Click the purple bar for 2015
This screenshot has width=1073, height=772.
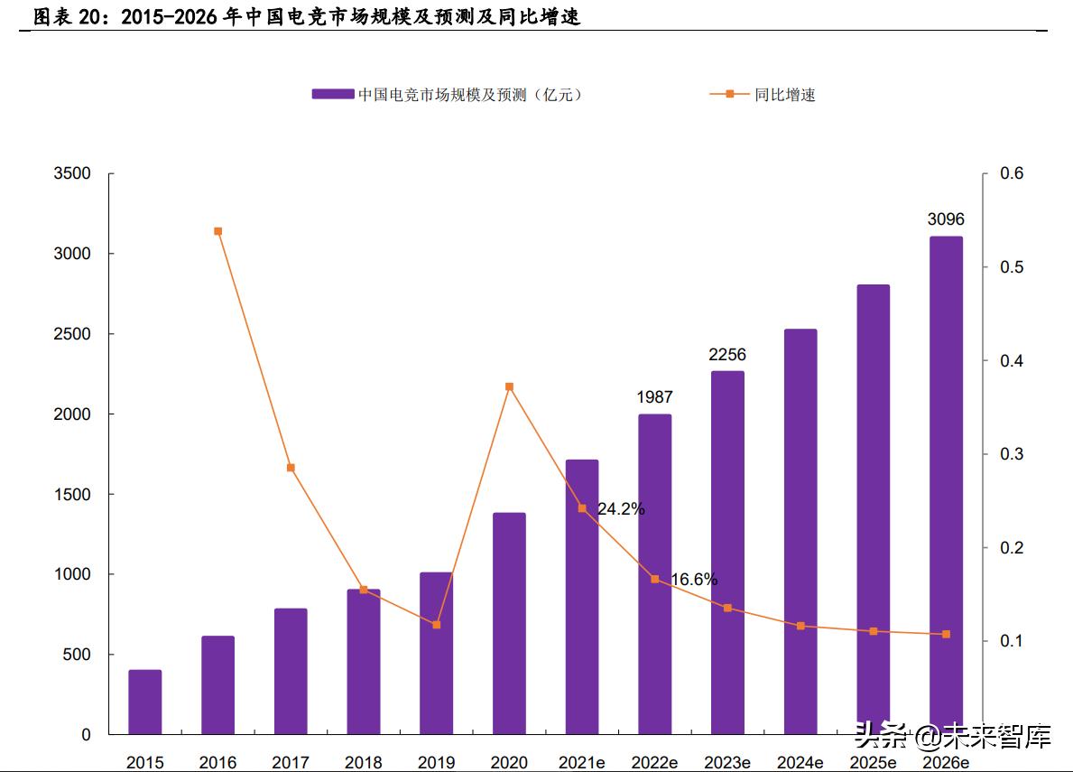pos(145,702)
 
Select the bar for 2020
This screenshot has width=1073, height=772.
pos(509,623)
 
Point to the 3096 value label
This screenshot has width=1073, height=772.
pos(946,219)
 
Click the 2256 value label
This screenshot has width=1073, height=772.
pos(727,355)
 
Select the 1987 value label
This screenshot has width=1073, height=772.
pos(654,397)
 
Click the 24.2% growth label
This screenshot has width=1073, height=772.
pos(621,509)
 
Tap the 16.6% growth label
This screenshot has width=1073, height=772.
pos(694,580)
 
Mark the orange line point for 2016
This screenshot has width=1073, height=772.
pos(218,231)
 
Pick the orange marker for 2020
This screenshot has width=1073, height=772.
pos(509,386)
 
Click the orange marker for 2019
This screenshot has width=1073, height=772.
pos(437,625)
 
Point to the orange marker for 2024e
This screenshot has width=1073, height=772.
pos(800,626)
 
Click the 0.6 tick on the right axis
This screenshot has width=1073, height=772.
pos(1013,173)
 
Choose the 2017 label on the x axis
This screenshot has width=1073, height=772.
pos(291,763)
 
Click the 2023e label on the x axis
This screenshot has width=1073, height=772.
pos(727,763)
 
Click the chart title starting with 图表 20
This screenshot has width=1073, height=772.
pos(307,16)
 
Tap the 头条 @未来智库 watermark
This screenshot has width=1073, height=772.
pos(952,738)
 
